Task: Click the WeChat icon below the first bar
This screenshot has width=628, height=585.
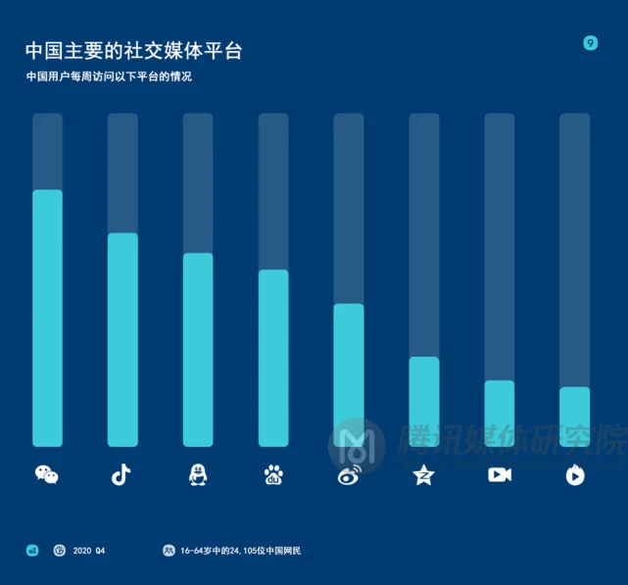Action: point(47,475)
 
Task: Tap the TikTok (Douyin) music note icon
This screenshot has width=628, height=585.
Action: point(121,475)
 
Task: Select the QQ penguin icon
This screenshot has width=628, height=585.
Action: point(198,475)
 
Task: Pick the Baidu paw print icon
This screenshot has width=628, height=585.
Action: point(273,475)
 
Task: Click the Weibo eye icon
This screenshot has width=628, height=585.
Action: point(349,475)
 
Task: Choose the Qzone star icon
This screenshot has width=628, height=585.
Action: point(423,475)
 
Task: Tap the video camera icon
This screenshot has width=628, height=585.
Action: point(500,475)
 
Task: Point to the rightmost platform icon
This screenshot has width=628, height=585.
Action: point(575,475)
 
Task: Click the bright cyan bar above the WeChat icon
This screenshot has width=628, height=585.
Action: point(47,318)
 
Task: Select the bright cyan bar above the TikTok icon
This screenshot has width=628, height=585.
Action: point(122,340)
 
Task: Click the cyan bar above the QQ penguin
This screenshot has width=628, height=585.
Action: point(198,350)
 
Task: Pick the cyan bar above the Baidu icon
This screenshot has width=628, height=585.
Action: point(273,358)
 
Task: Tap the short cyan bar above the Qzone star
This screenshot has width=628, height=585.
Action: point(424,402)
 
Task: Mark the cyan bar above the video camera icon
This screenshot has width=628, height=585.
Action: point(500,414)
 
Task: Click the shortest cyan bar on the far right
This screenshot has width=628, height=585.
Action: point(575,416)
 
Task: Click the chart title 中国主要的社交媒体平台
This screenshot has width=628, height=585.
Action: point(133,51)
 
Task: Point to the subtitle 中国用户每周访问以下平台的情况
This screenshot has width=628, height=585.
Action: point(109,76)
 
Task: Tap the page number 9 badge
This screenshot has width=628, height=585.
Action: point(590,43)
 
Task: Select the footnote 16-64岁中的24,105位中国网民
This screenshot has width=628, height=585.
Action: point(240,551)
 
